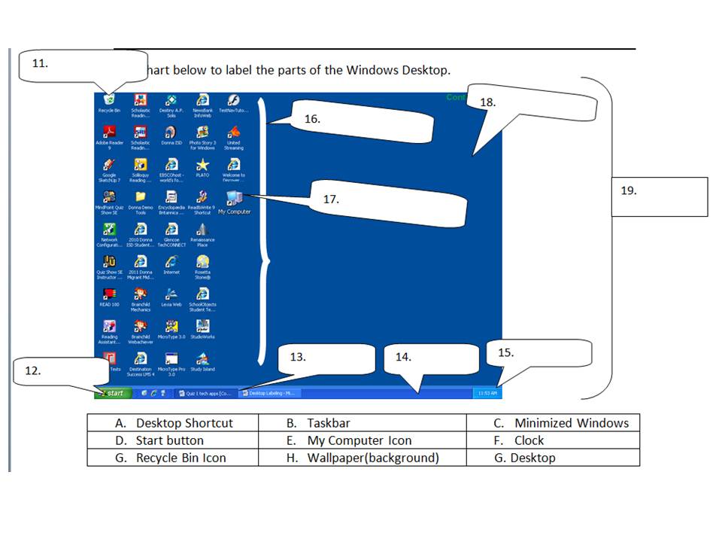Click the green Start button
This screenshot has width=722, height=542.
111,393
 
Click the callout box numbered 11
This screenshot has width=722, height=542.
83,66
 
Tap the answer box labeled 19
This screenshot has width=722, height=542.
659,196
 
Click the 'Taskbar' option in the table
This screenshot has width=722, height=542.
362,423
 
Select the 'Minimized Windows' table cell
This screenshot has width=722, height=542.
554,423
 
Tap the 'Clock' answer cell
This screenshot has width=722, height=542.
554,440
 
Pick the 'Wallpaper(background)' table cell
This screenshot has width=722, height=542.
362,458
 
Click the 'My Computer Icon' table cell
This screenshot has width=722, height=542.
362,440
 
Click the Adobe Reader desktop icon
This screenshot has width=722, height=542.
109,133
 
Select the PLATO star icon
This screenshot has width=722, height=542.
202,166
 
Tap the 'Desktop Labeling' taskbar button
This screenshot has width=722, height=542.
269,393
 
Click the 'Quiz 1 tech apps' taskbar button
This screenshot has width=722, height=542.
206,393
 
